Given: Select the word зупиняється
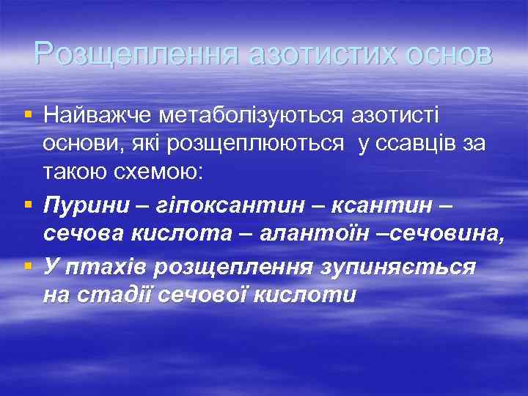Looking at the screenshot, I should [x=397, y=265].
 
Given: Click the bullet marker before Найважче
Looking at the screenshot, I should [x=28, y=114].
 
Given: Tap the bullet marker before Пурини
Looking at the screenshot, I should [x=28, y=205].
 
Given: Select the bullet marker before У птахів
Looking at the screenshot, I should [x=28, y=265].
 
